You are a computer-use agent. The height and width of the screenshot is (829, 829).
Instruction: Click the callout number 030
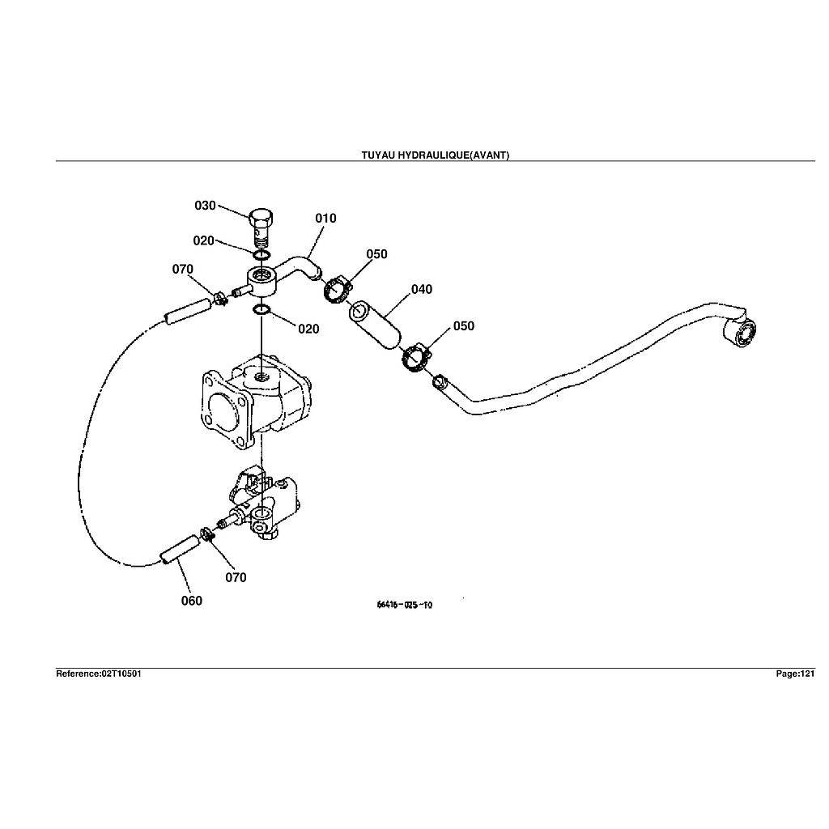[x=205, y=206]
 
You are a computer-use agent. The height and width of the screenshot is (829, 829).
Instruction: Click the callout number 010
[x=325, y=219]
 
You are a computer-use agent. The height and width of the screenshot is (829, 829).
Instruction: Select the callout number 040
[x=421, y=290]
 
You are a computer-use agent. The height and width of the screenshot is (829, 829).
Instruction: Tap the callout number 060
[x=191, y=601]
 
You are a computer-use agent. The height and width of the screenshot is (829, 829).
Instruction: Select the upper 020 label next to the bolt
[x=203, y=241]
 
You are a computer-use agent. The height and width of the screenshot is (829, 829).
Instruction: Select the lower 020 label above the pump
[x=308, y=329]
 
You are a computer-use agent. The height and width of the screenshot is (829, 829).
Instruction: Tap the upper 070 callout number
[x=182, y=270]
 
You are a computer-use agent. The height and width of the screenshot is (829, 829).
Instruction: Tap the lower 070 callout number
[x=236, y=578]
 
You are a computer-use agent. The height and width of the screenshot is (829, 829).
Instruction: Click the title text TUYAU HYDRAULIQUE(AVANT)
[x=435, y=155]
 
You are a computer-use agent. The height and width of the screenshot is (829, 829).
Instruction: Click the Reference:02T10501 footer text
[x=99, y=674]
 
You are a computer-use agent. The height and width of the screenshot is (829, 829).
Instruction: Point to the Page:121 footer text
[x=795, y=674]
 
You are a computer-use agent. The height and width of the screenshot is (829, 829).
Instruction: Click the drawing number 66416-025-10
[x=404, y=605]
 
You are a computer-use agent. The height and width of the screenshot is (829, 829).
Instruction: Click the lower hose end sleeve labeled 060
[x=178, y=550]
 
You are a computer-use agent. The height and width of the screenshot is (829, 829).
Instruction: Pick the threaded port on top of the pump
[x=261, y=376]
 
